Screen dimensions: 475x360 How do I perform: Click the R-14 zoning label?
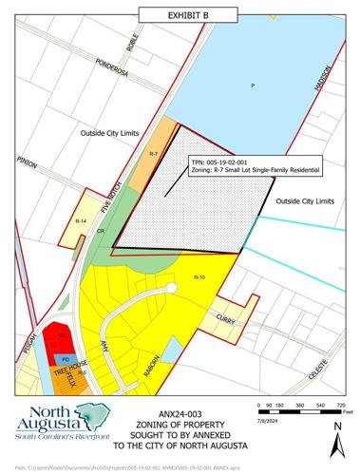point(81,220)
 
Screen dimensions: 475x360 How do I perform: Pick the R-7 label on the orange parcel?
point(155,152)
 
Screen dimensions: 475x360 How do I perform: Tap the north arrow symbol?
point(333,439)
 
